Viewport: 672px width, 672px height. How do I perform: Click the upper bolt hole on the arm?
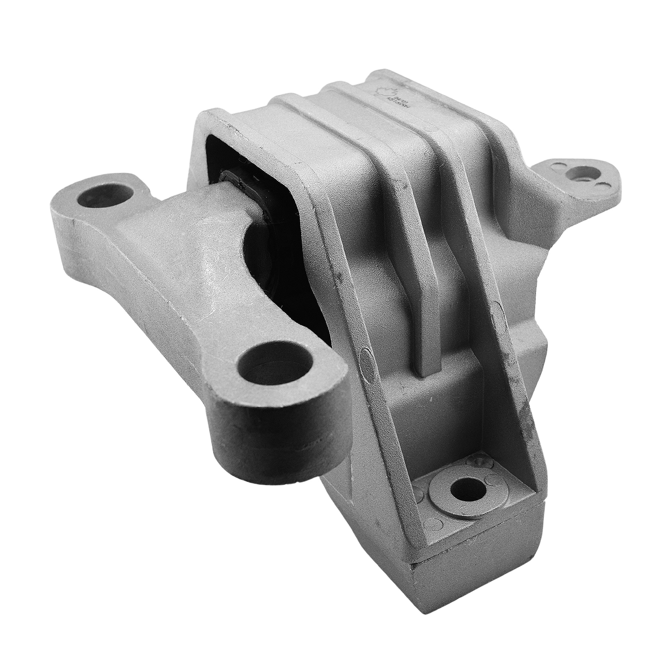104,197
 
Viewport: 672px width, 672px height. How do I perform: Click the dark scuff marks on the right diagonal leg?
522,400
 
